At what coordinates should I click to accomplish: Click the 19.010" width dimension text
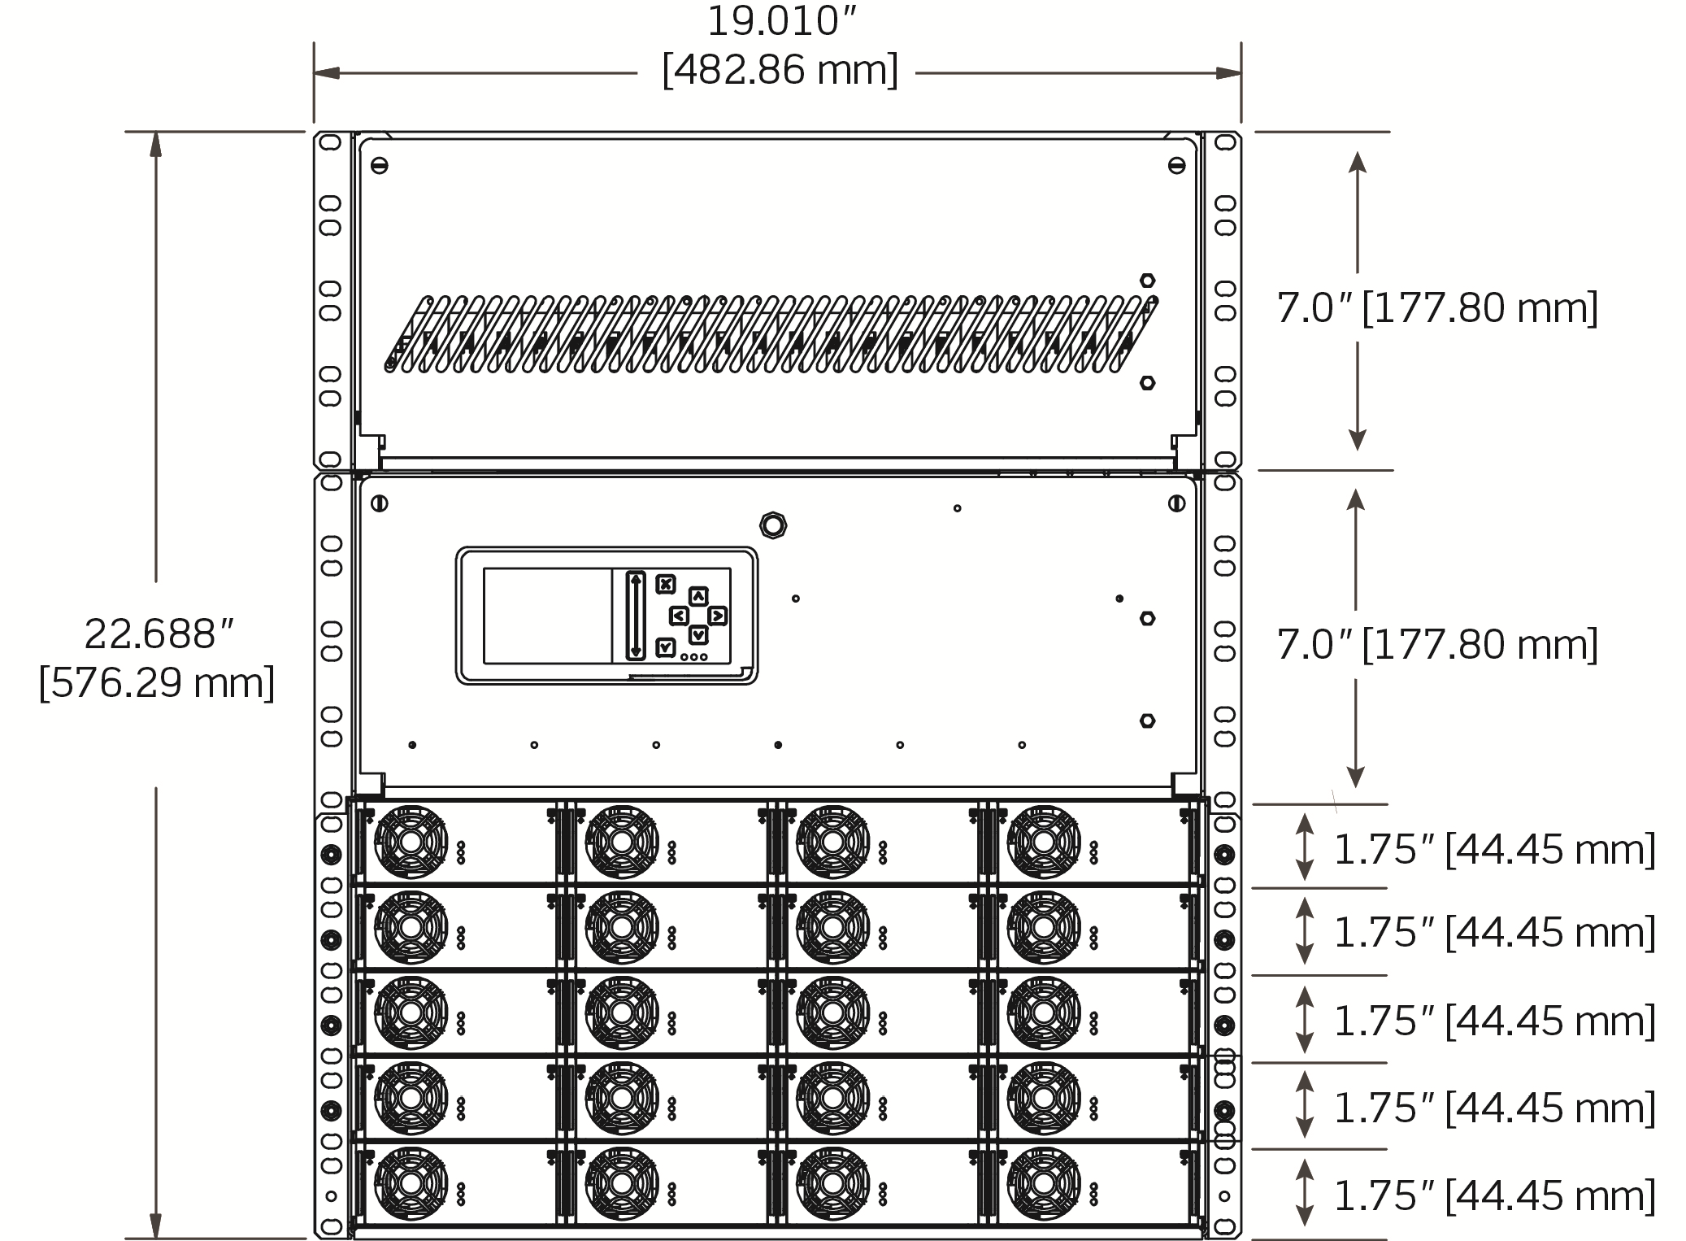coord(781,21)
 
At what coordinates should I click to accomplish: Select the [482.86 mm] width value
coord(780,71)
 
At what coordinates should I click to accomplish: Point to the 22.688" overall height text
coord(159,634)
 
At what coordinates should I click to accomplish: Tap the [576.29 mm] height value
coord(157,682)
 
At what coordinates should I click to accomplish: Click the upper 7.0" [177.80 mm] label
coord(1436,308)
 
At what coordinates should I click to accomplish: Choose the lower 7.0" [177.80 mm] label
coord(1436,645)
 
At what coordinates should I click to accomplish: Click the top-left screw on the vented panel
coord(379,166)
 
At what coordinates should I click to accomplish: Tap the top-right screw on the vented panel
coord(1176,166)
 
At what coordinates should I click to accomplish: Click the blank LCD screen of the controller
coord(547,616)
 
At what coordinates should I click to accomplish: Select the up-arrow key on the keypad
coord(698,596)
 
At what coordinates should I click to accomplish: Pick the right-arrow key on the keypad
coord(717,616)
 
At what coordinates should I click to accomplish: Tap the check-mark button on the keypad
coord(666,647)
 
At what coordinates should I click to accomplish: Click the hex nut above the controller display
coord(773,525)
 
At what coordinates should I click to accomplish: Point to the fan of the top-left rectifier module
coord(411,843)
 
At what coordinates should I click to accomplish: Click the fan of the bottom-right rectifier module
coord(1044,1183)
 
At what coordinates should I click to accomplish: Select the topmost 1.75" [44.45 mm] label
coord(1494,850)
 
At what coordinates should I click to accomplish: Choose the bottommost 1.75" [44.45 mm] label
coord(1494,1195)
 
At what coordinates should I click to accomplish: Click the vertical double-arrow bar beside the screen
coord(636,616)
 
